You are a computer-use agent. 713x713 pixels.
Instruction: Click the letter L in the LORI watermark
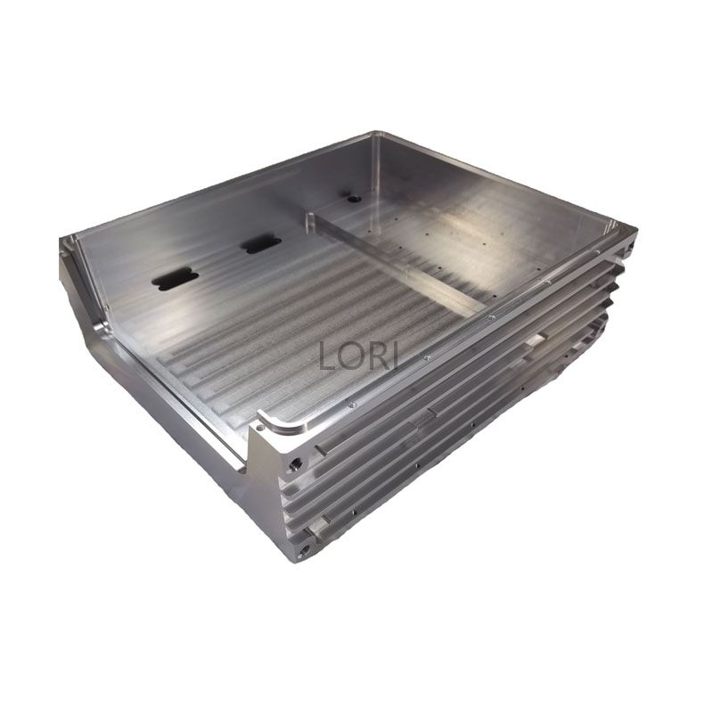[326, 356]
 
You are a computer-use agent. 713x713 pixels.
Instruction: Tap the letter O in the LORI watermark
[350, 356]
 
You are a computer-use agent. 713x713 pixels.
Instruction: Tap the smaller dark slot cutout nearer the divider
[261, 244]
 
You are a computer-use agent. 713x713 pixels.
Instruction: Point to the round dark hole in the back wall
[353, 199]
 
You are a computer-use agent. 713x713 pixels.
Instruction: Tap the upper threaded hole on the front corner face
[295, 464]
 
